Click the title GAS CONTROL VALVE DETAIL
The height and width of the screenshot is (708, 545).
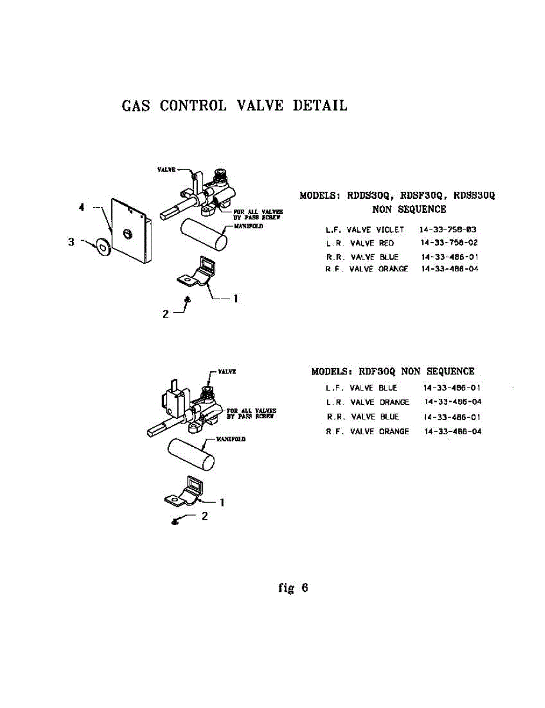pyautogui.click(x=234, y=106)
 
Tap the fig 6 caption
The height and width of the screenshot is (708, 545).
pyautogui.click(x=293, y=588)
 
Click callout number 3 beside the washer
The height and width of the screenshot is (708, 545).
pyautogui.click(x=71, y=241)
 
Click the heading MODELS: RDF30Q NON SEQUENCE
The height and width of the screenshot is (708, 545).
pyautogui.click(x=392, y=372)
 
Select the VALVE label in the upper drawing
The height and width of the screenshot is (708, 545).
pyautogui.click(x=166, y=169)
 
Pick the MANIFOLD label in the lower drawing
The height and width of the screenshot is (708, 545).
pyautogui.click(x=231, y=440)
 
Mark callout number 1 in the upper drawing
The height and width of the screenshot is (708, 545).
pyautogui.click(x=235, y=299)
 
